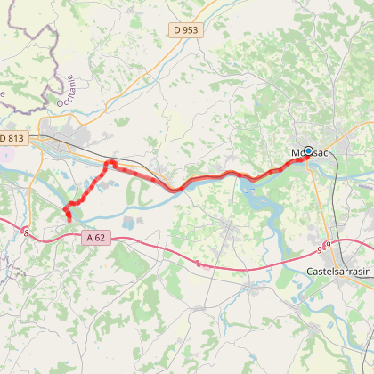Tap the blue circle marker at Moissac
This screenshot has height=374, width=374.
(x=309, y=152)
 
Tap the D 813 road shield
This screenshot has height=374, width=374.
(x=14, y=138)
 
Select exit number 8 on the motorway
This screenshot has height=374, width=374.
(x=27, y=232)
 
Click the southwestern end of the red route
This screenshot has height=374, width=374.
(x=69, y=218)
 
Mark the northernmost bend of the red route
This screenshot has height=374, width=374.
(x=110, y=164)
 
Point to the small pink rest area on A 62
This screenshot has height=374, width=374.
(x=195, y=262)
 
